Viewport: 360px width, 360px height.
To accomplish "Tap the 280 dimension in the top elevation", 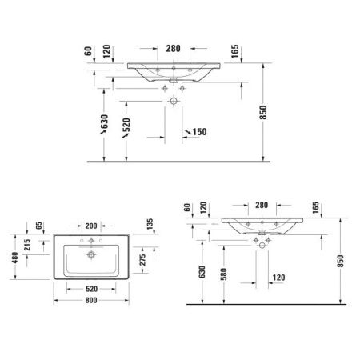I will [x=172, y=47].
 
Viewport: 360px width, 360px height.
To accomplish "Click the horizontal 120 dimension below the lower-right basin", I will [x=278, y=278].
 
